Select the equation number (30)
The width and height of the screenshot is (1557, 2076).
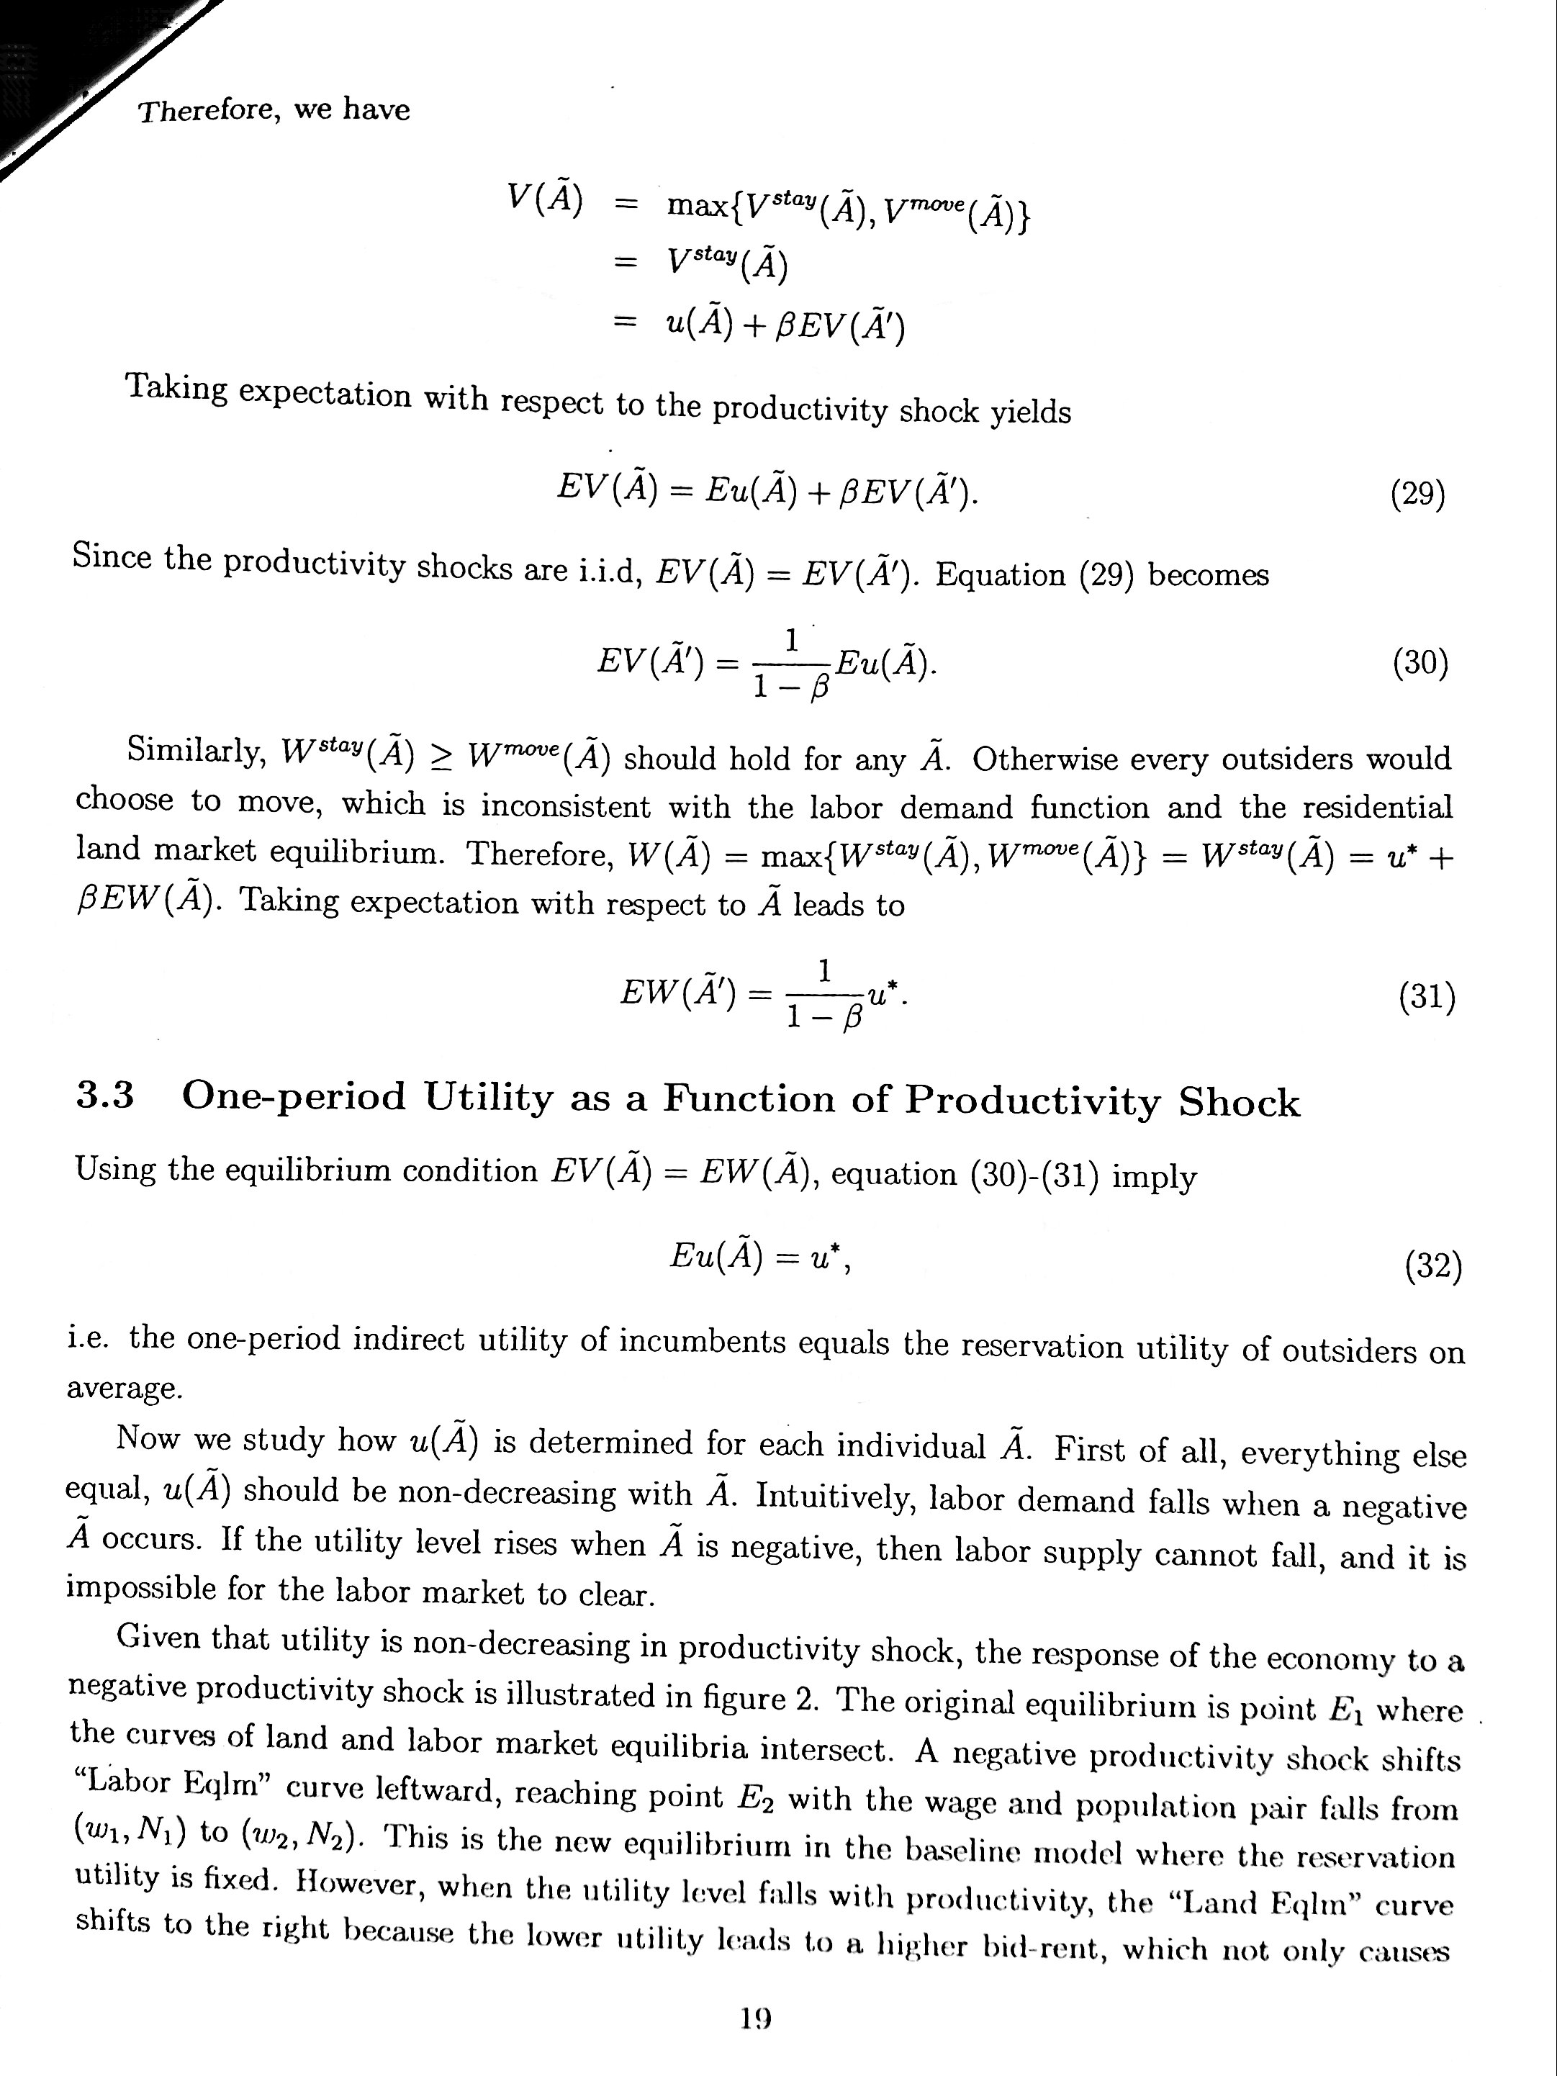pyautogui.click(x=1420, y=664)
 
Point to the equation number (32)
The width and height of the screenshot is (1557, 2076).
pyautogui.click(x=1433, y=1268)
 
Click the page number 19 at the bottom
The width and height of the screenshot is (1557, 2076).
pyautogui.click(x=756, y=2018)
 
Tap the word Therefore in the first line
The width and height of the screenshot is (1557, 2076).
pyautogui.click(x=207, y=112)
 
